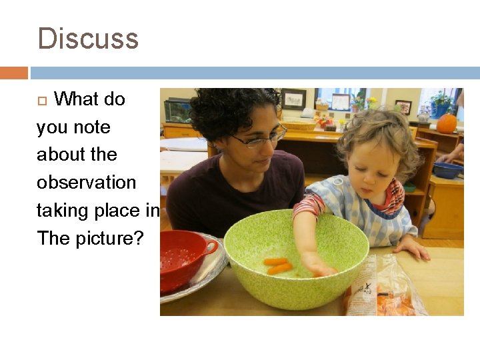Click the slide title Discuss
(88, 39)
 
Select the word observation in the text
(86, 183)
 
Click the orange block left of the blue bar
(13, 73)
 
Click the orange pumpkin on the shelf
(447, 123)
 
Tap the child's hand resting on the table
(413, 249)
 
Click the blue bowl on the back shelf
(447, 171)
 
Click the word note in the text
(93, 127)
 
